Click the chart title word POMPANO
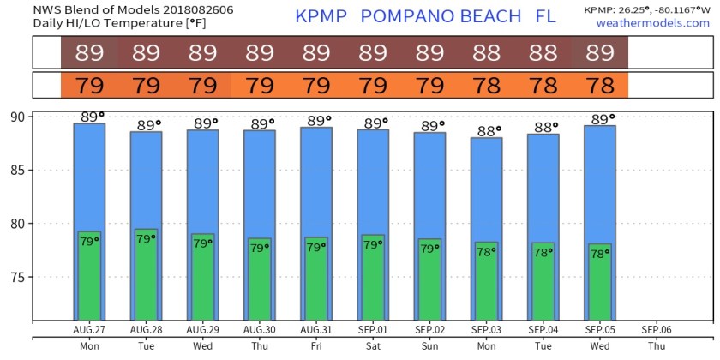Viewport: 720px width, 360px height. (405, 16)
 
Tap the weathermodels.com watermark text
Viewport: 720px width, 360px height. (652, 23)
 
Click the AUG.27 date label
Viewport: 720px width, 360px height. (89, 329)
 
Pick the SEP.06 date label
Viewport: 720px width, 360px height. (657, 329)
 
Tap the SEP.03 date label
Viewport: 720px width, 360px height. (486, 329)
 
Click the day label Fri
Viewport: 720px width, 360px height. (316, 346)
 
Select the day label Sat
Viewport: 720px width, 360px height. (373, 346)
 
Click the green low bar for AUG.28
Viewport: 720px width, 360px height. (146, 283)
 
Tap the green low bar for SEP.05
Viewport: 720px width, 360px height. (600, 287)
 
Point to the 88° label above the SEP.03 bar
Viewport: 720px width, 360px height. (487, 130)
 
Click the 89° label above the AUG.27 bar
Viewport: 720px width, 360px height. (90, 117)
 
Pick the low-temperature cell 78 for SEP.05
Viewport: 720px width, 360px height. (600, 86)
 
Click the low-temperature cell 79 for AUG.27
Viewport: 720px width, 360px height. (89, 86)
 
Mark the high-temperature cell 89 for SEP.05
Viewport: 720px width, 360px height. (600, 53)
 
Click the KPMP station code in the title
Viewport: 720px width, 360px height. (322, 16)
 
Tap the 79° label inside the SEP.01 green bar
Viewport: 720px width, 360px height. (373, 246)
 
